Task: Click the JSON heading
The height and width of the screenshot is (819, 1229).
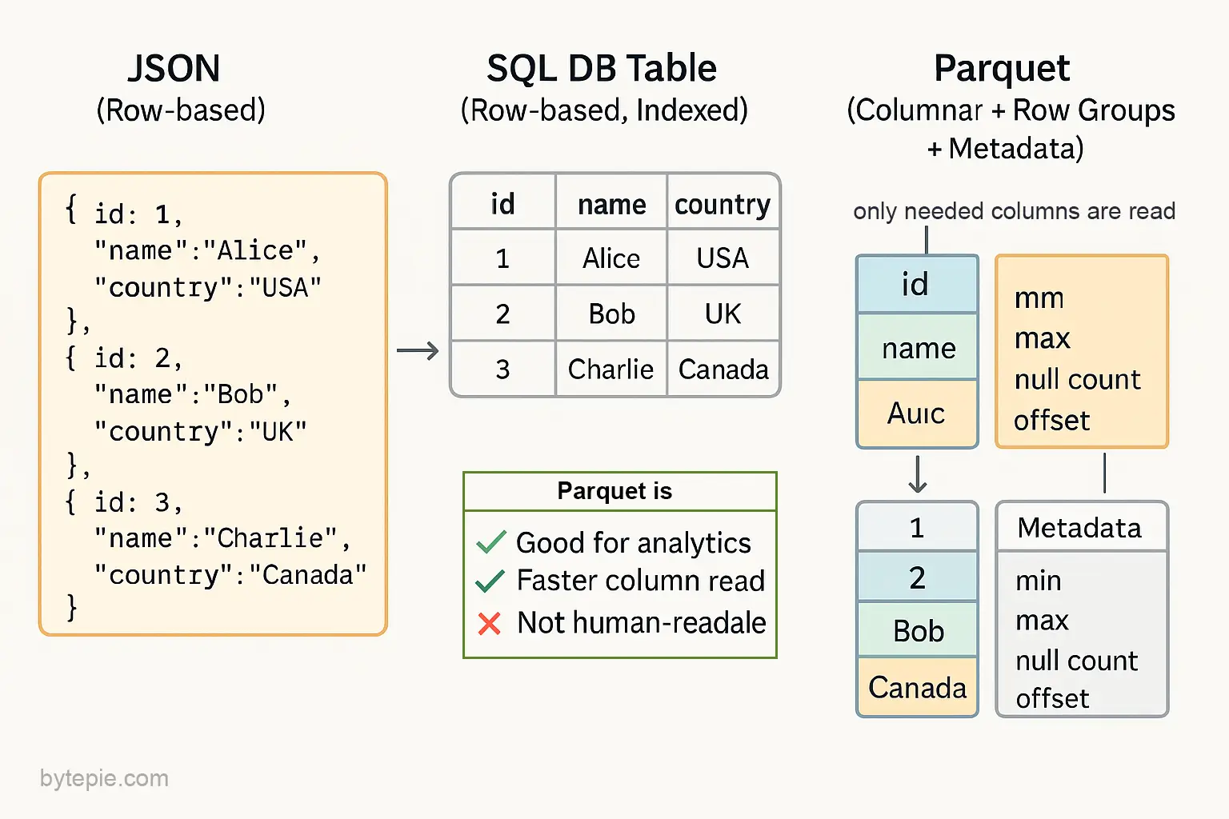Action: (x=174, y=69)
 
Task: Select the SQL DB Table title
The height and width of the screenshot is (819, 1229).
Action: (x=602, y=69)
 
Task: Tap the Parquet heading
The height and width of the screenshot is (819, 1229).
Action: (x=1002, y=70)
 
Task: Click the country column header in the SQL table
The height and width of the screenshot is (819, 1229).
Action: (x=723, y=205)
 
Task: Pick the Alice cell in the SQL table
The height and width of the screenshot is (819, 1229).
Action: (x=611, y=258)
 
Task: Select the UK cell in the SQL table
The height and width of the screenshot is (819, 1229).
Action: (x=723, y=314)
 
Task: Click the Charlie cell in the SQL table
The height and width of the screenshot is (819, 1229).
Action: (x=610, y=369)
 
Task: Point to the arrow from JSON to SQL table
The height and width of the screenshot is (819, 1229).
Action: (x=418, y=350)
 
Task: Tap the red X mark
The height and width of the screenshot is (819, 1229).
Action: (x=489, y=624)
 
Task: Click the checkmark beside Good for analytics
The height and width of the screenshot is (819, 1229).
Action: (x=490, y=542)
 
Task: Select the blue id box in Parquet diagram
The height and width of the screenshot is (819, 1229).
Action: (x=917, y=284)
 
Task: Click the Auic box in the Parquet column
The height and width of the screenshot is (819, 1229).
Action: (x=917, y=413)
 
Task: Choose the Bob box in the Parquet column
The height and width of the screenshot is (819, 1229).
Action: (x=918, y=630)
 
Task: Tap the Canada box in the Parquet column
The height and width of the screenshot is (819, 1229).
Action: (x=918, y=687)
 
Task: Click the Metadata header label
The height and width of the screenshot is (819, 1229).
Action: (x=1079, y=528)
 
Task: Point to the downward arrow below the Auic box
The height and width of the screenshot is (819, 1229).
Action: (x=918, y=474)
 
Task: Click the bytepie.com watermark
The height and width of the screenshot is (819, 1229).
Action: (x=104, y=779)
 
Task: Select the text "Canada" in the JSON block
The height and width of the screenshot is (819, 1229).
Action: (x=307, y=575)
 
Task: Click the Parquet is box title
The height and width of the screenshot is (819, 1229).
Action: (x=614, y=491)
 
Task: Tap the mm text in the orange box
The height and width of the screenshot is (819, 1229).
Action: (x=1039, y=299)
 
